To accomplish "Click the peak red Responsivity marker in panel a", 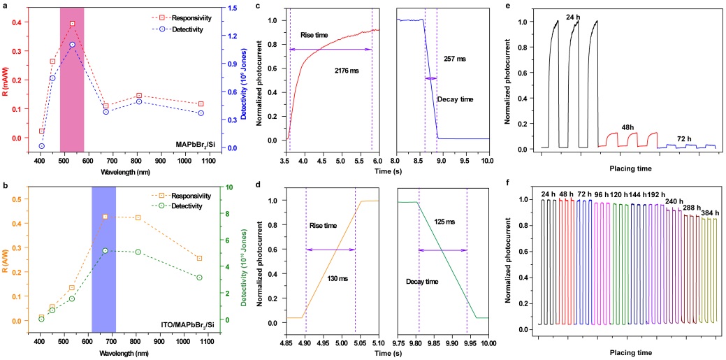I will [72, 24].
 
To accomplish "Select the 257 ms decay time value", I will [455, 59].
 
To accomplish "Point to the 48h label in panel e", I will [627, 127].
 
